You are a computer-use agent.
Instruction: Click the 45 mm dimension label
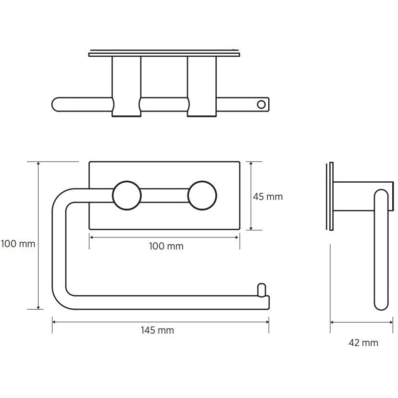pyautogui.click(x=268, y=197)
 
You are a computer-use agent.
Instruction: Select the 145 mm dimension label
pyautogui.click(x=158, y=330)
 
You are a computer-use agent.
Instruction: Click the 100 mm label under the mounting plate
pyautogui.click(x=167, y=246)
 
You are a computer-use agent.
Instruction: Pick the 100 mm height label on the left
pyautogui.click(x=18, y=244)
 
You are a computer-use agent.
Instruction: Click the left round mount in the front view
pyautogui.click(x=127, y=196)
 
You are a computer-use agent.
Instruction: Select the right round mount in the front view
pyautogui.click(x=202, y=196)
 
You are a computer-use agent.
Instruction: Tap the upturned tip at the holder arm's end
pyautogui.click(x=261, y=290)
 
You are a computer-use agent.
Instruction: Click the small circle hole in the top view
pyautogui.click(x=261, y=104)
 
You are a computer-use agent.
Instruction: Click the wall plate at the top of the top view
pyautogui.click(x=164, y=53)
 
